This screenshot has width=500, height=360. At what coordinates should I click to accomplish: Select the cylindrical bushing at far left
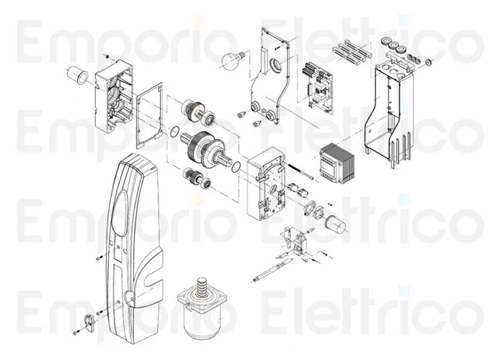tap(77, 73)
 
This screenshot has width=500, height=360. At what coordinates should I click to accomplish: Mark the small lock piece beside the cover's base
tap(88, 319)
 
